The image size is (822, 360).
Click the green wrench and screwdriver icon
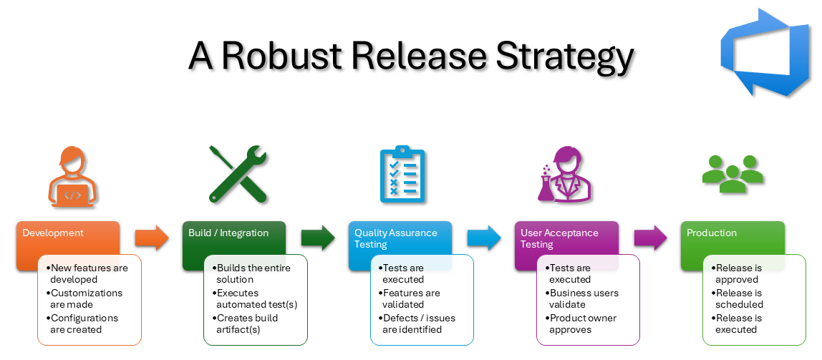coord(238,174)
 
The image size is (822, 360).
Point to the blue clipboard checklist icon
coord(402,175)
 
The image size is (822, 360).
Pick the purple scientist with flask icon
coord(561,175)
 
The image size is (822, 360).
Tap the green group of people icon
coord(732,173)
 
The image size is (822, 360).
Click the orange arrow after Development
coord(152,238)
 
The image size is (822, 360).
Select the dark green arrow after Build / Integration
coord(318,238)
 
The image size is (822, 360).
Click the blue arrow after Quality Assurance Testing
coord(484,238)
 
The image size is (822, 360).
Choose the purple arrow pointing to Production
coord(650,238)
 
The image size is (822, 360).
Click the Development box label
coord(53,233)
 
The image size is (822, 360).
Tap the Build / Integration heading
coord(228,233)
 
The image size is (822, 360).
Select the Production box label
coord(712,233)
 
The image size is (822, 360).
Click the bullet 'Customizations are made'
coord(86,298)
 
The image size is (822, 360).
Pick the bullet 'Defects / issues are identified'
coord(419,323)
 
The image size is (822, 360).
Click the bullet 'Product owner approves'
coord(583,323)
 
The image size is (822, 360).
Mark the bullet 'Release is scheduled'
coord(739,298)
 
